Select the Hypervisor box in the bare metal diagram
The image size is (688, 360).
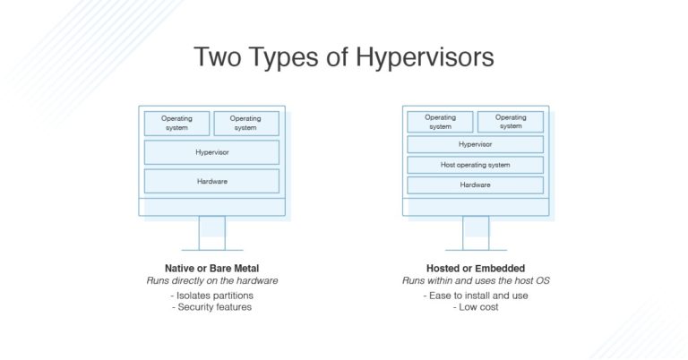tap(211, 152)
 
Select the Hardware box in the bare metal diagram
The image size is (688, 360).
tap(211, 181)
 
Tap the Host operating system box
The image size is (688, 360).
tap(475, 165)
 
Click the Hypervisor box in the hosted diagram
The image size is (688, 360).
tap(475, 144)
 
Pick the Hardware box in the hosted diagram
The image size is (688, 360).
tap(475, 185)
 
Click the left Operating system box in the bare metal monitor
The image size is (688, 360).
tap(177, 123)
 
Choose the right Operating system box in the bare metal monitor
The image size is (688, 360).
tap(245, 123)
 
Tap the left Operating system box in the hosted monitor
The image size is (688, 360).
tap(440, 122)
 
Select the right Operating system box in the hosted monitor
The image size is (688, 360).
tap(511, 122)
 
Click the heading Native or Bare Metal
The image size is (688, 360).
tap(211, 268)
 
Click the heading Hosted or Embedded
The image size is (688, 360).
tap(475, 268)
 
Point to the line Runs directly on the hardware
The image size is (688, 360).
tap(211, 280)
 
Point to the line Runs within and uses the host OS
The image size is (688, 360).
tap(475, 280)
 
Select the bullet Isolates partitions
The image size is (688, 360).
tap(211, 295)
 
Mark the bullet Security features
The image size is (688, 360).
tap(211, 307)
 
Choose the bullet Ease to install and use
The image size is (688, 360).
tap(475, 295)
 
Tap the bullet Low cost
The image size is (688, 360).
tap(475, 307)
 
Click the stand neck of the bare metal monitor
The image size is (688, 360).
tap(211, 232)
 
